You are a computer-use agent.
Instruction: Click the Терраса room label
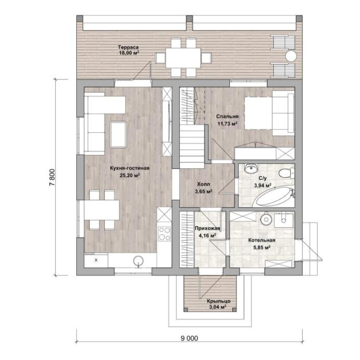pos(128,47)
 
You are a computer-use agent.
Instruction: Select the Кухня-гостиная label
pos(130,168)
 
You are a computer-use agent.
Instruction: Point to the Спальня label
pos(227,116)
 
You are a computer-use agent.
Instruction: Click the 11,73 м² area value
pos(227,124)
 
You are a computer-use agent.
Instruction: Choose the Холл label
pos(204,184)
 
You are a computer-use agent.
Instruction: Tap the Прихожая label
pos(208,228)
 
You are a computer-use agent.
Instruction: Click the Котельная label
pos(262,240)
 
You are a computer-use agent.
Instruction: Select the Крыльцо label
pos(218,301)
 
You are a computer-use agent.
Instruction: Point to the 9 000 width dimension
pos(190,338)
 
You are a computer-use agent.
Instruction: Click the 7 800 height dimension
pos(52,177)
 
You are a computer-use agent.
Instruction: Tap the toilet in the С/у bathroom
pos(286,173)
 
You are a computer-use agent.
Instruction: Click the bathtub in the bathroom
pos(274,196)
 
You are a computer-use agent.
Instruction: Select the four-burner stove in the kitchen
pos(164,234)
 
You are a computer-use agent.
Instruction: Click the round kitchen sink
pos(138,261)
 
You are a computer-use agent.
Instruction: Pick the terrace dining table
pos(183,58)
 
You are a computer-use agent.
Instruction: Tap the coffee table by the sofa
pos(118,134)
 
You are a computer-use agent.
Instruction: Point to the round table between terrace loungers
pos(291,56)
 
